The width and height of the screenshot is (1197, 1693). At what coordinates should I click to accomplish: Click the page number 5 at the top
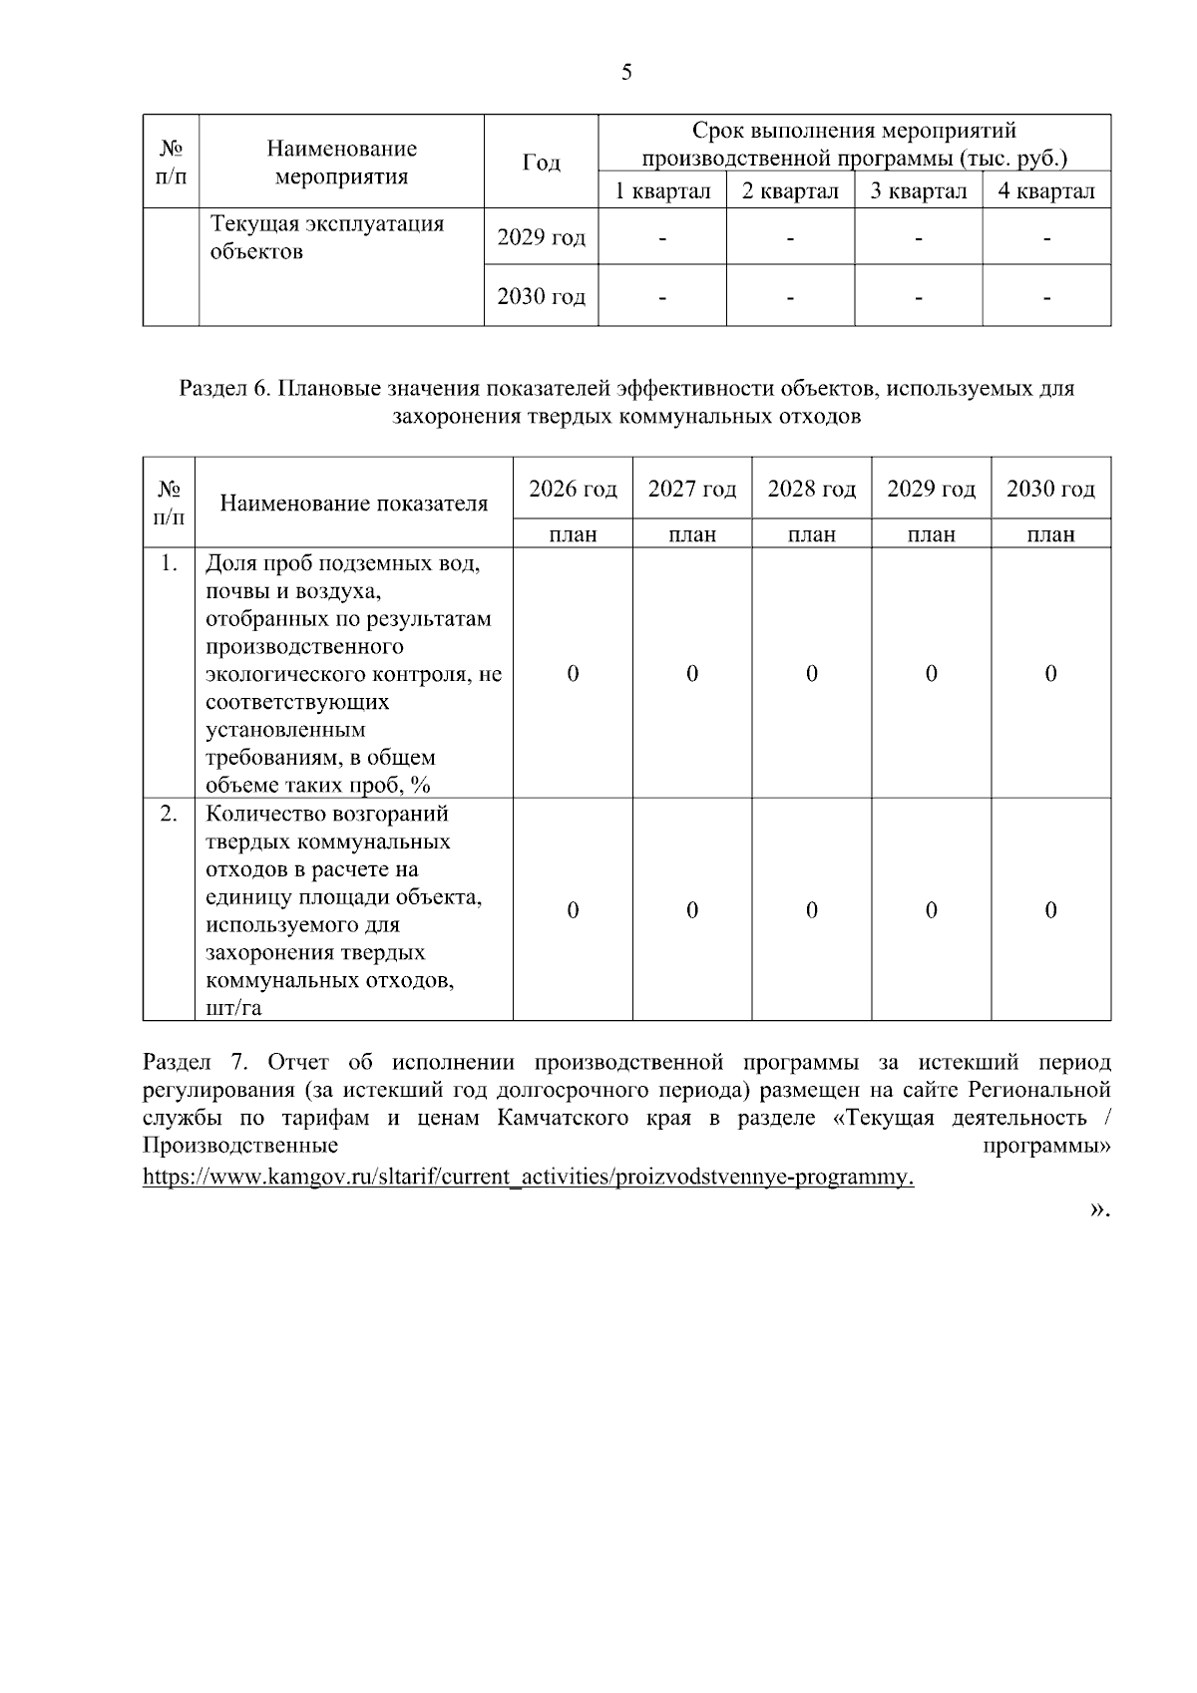(626, 72)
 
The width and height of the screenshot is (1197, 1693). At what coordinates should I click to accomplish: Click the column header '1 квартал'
(662, 191)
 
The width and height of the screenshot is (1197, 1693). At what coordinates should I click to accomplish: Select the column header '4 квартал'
(1046, 191)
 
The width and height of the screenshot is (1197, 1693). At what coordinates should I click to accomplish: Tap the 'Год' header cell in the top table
(541, 163)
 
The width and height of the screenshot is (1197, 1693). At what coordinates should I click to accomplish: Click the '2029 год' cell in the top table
(541, 237)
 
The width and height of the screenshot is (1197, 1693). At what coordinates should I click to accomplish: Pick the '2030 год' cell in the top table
(541, 296)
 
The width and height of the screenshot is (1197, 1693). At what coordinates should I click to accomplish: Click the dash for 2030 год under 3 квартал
(918, 296)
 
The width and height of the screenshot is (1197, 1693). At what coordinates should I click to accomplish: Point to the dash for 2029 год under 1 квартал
(662, 238)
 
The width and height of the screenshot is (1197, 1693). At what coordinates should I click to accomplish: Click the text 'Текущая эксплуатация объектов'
(327, 237)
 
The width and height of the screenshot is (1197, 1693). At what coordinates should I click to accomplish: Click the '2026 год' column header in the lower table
(573, 489)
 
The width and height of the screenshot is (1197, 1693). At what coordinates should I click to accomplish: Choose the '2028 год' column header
(811, 489)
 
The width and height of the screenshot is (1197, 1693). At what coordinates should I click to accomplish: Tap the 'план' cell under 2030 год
(1050, 534)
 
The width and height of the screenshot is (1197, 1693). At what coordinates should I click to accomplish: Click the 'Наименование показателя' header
(354, 504)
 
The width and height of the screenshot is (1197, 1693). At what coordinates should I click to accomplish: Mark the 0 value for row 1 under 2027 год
(692, 674)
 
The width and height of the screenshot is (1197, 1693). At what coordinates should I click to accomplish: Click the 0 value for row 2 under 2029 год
(931, 910)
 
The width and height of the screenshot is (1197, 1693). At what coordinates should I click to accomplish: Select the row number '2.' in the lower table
(169, 814)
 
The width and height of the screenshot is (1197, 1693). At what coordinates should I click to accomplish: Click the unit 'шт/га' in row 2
(233, 1008)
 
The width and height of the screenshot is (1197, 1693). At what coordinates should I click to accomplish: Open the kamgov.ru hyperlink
(529, 1177)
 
